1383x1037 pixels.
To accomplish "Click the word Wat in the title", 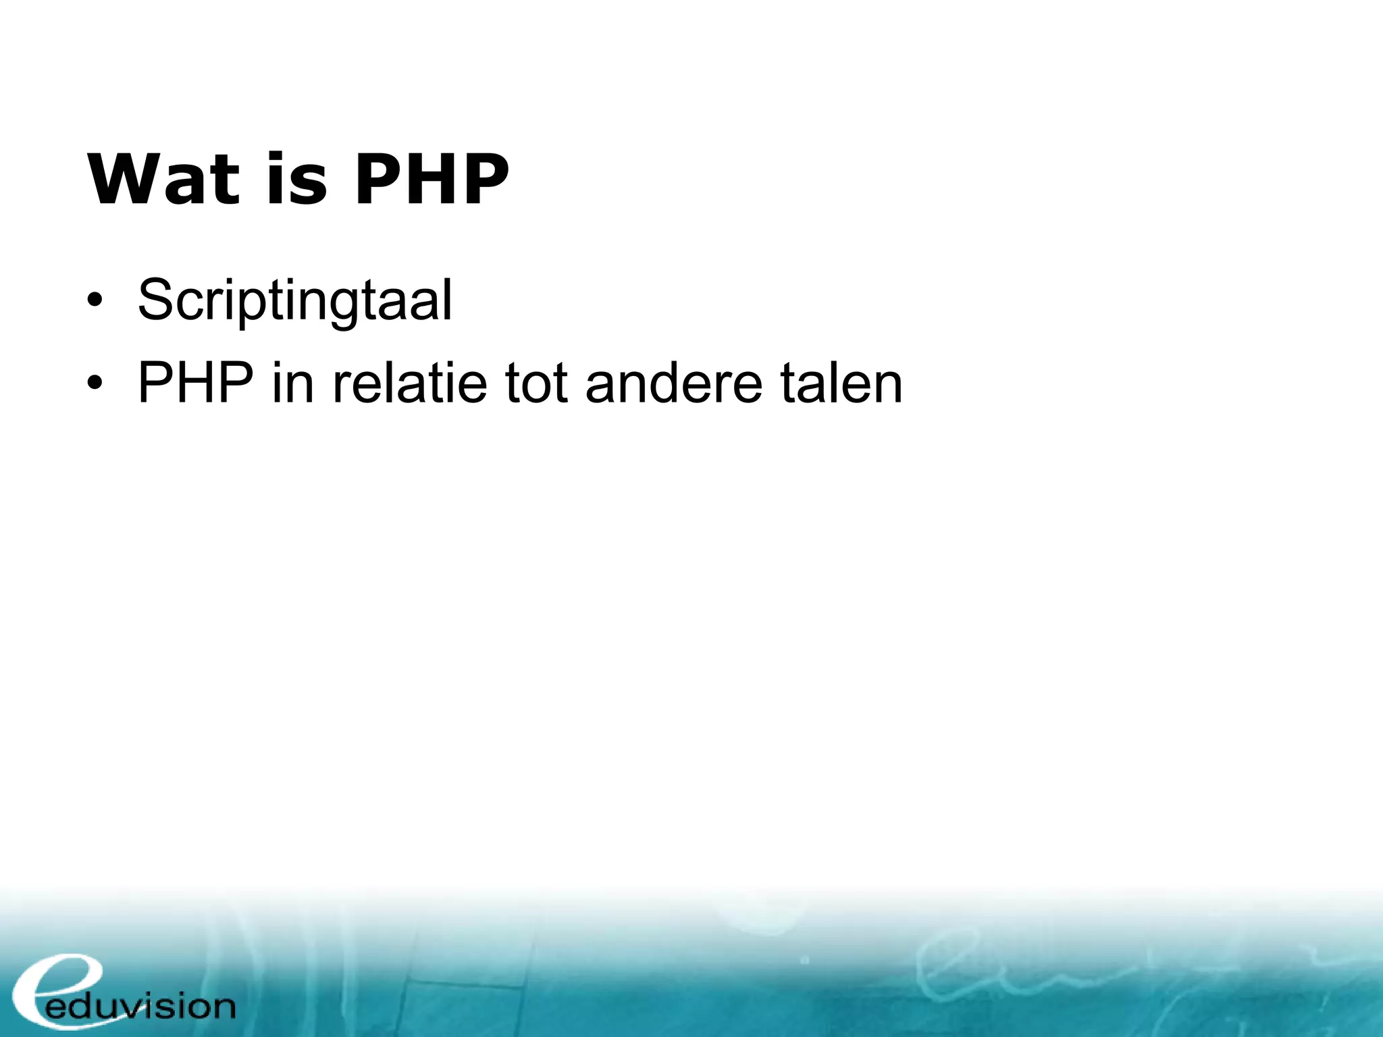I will pos(163,180).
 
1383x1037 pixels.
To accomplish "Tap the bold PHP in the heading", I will pos(432,180).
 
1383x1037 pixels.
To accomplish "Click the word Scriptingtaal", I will pos(294,301).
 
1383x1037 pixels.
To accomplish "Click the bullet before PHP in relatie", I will pos(95,383).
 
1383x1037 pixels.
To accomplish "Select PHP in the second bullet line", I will pos(195,383).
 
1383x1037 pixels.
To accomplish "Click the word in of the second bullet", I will pos(293,383).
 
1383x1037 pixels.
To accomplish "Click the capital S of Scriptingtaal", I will pos(156,300).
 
